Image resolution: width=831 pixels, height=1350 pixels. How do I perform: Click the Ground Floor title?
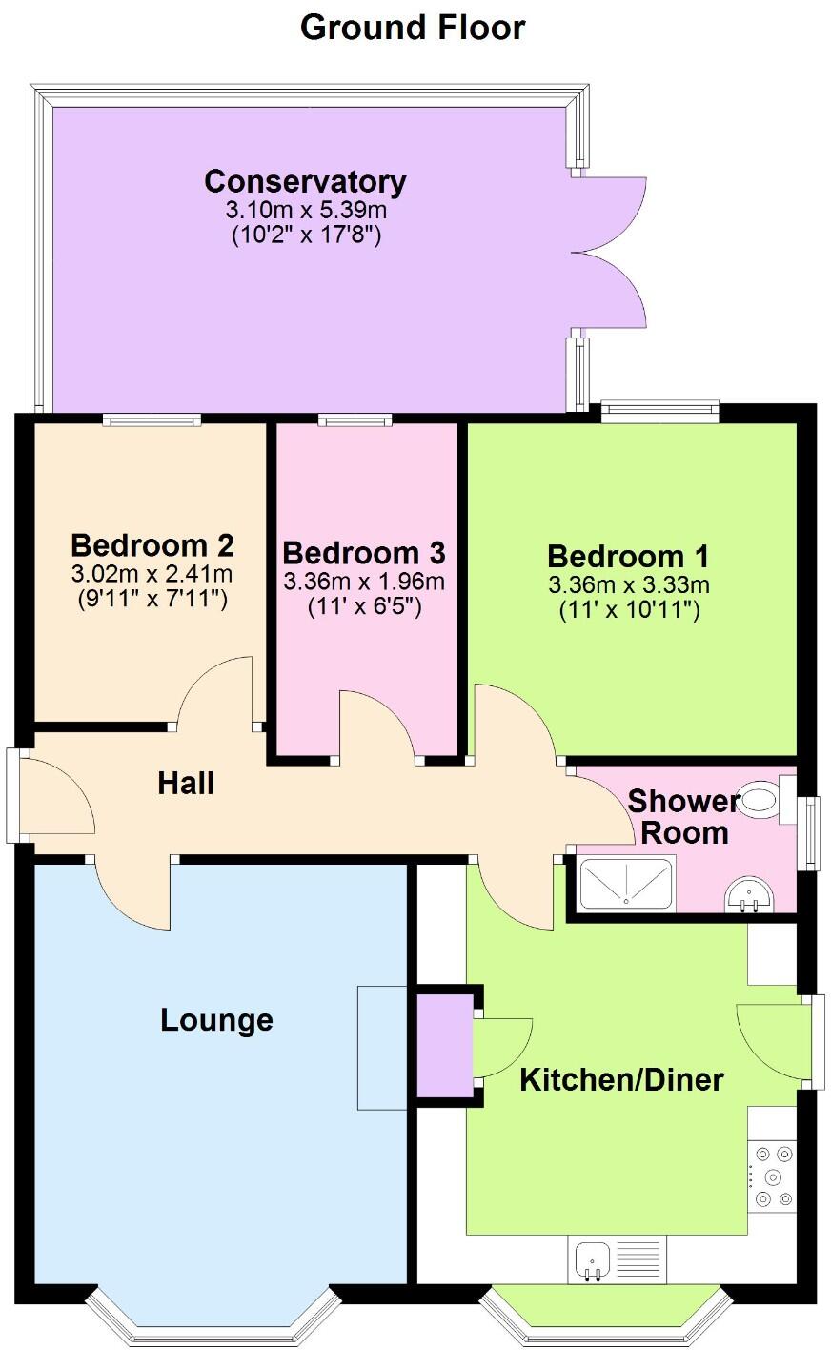[413, 27]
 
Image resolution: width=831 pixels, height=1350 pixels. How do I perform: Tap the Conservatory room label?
[305, 181]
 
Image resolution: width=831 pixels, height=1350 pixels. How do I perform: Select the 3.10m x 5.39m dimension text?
[306, 210]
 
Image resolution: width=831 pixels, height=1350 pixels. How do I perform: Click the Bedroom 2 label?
[152, 545]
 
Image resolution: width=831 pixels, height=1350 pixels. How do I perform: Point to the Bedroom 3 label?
[364, 553]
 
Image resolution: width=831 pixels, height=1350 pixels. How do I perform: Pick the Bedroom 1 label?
[628, 557]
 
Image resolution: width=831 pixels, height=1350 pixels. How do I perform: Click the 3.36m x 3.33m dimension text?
[629, 584]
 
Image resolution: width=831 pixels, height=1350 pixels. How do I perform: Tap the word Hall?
[186, 784]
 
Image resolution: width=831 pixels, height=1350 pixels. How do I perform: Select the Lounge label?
[216, 1020]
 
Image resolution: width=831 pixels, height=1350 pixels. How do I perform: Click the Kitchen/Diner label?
[621, 1079]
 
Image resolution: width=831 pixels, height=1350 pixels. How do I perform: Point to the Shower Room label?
[683, 816]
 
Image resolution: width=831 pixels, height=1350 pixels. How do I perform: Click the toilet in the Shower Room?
[763, 799]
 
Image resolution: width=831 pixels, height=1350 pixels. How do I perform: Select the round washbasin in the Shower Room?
[751, 896]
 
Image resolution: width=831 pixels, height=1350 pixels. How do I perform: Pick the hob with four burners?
[772, 1176]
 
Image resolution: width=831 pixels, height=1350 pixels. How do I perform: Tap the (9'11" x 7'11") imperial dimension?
[152, 600]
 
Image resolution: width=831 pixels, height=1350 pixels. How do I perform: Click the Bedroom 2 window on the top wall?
[152, 418]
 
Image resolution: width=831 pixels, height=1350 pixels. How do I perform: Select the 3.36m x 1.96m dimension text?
[364, 581]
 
